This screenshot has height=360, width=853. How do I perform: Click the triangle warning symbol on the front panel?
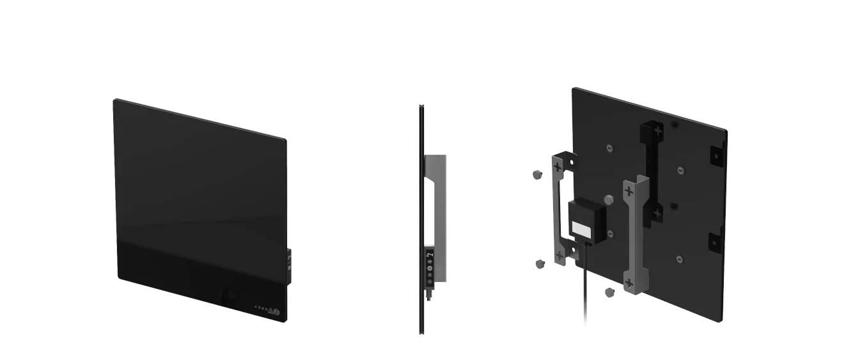click(270, 311)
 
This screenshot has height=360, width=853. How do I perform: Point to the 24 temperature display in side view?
click(430, 254)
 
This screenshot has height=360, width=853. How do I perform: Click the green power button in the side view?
click(430, 269)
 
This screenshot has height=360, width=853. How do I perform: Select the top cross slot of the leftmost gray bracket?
click(559, 168)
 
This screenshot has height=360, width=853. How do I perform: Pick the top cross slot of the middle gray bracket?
click(629, 191)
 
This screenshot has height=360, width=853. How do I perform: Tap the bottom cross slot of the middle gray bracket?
click(630, 282)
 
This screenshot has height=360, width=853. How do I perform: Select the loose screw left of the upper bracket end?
click(538, 174)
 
